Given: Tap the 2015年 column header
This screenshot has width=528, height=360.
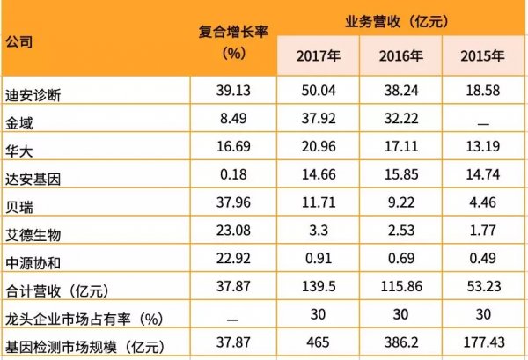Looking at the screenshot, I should (482, 58).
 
